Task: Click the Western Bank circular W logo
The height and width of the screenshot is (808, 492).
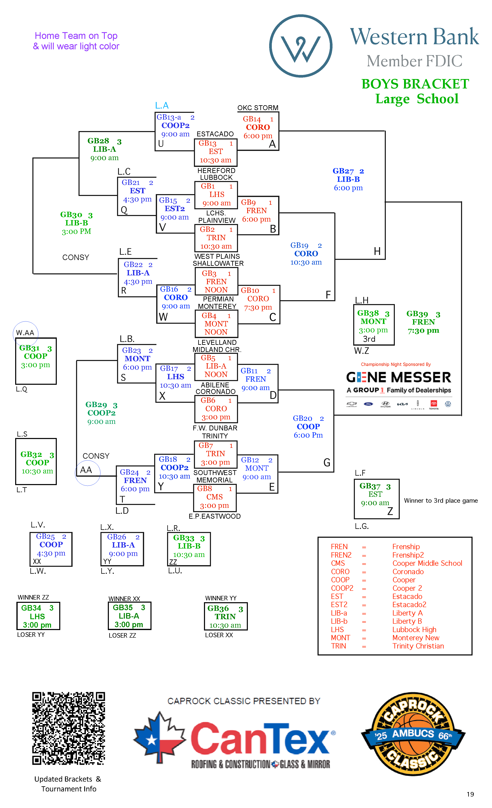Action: pyautogui.click(x=301, y=46)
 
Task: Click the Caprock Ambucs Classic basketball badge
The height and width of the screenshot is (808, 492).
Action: pyautogui.click(x=413, y=734)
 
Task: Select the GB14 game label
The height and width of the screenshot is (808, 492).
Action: pyautogui.click(x=252, y=119)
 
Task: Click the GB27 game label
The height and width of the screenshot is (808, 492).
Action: pyautogui.click(x=343, y=171)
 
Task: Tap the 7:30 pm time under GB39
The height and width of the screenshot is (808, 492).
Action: pyautogui.click(x=423, y=330)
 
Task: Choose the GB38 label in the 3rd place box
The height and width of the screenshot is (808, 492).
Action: pyautogui.click(x=368, y=313)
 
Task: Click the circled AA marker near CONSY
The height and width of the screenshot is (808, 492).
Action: pyautogui.click(x=86, y=470)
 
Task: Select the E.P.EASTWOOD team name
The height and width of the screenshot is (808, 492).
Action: pyautogui.click(x=215, y=516)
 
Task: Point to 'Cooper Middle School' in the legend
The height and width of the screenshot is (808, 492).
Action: pyautogui.click(x=427, y=563)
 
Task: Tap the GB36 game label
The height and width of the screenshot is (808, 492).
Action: pyautogui.click(x=218, y=608)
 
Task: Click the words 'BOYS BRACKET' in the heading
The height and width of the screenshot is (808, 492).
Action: pyautogui.click(x=415, y=84)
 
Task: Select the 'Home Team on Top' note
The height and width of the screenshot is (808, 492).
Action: pyautogui.click(x=76, y=35)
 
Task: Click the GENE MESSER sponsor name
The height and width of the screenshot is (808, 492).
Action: pyautogui.click(x=399, y=377)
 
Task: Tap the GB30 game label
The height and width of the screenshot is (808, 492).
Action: pyautogui.click(x=71, y=215)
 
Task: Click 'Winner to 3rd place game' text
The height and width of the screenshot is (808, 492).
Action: pyautogui.click(x=441, y=500)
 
